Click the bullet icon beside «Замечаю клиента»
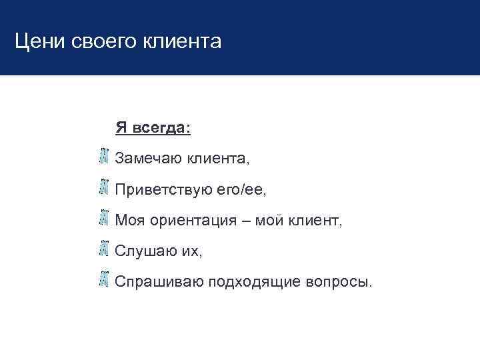(x=103, y=157)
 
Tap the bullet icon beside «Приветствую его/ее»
(x=103, y=187)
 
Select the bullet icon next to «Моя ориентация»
(x=103, y=218)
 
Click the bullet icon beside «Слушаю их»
(x=103, y=249)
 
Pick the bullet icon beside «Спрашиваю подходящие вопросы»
(x=103, y=279)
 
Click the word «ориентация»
(x=193, y=220)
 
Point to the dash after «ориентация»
(x=245, y=220)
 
